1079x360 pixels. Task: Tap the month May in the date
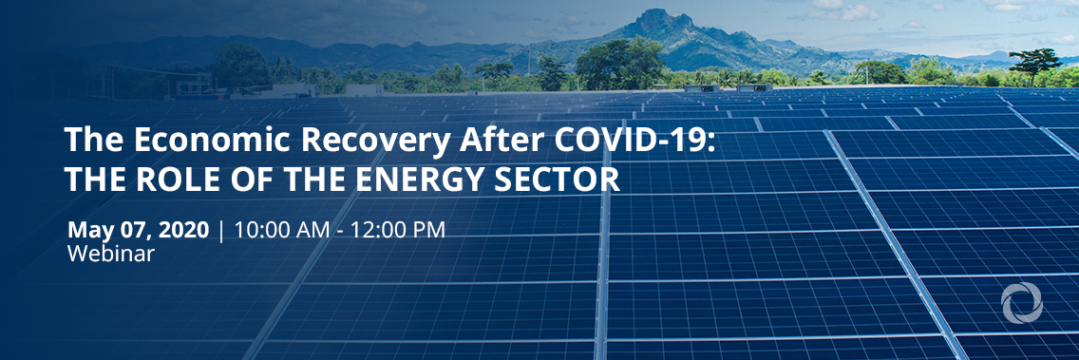(88, 230)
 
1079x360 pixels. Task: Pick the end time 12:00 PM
(398, 230)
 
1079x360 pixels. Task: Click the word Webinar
(111, 254)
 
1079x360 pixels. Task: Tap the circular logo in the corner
(1022, 302)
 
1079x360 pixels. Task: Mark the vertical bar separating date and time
(221, 231)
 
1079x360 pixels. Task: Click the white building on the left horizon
(290, 90)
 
